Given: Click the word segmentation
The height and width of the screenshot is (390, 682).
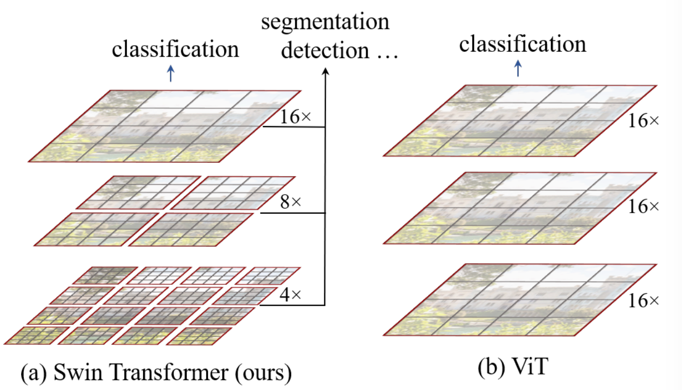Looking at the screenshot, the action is coord(325,22).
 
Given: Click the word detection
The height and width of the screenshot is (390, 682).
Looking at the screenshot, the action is coord(325,50).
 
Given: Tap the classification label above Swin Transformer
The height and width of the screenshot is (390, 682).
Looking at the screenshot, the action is coord(176,49).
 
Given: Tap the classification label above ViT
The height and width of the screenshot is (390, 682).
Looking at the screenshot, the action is coord(523,44).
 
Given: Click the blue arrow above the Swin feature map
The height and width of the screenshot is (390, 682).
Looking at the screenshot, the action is coord(171,74).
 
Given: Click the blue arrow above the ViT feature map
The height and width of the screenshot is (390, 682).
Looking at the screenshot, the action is coord(518,68).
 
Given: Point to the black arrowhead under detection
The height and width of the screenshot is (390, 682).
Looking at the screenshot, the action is coord(326,71).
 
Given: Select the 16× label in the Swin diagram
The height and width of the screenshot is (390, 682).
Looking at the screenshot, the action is coord(295,117).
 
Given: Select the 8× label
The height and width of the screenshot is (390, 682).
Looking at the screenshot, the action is coord(291,202).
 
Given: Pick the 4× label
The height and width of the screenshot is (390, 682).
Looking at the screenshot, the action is coord(291,295).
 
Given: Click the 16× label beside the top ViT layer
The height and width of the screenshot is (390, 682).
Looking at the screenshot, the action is coord(643,121).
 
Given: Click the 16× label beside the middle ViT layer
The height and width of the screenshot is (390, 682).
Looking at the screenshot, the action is coord(643,207).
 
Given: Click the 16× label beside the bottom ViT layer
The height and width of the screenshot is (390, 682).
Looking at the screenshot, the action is coord(643,301).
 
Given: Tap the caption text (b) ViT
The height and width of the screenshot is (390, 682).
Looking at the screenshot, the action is coord(513,366).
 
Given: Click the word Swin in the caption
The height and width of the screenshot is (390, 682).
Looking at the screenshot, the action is coord(78,372).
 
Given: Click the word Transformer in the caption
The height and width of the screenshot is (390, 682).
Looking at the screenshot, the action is coord(169,372).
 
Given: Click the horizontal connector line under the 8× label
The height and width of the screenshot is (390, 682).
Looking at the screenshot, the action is coord(293,213).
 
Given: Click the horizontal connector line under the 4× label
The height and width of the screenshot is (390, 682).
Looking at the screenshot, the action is coord(292,305).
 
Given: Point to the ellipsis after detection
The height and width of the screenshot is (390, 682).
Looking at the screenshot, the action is coord(387,57).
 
